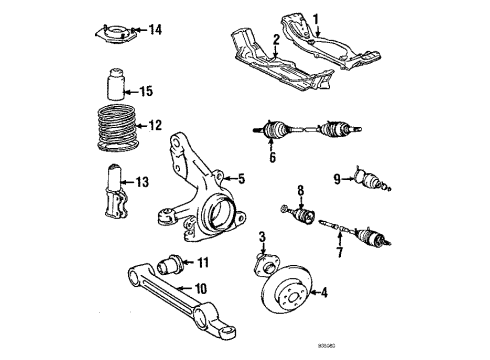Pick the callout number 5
[x=240, y=180]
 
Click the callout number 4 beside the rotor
[x=323, y=292]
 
